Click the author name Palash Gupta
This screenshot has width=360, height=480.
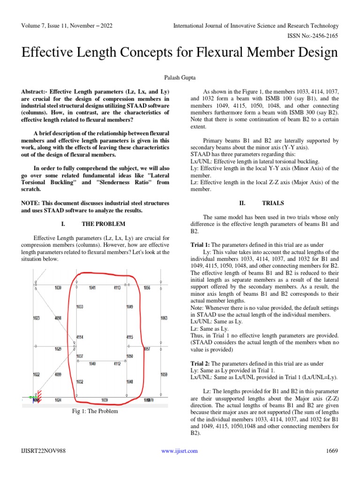pyautogui.click(x=180, y=75)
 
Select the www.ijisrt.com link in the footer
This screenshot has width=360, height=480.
pyautogui.click(x=180, y=451)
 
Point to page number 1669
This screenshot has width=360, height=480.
pyautogui.click(x=332, y=451)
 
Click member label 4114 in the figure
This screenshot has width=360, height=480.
pyautogui.click(x=80, y=337)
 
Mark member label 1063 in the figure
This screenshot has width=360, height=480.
pyautogui.click(x=164, y=318)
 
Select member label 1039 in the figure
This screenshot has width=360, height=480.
pyautogui.click(x=105, y=400)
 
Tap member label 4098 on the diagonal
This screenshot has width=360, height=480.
pyautogui.click(x=58, y=318)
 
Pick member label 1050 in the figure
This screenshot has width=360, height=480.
pyautogui.click(x=130, y=356)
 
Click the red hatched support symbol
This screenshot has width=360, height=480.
pyautogui.click(x=39, y=395)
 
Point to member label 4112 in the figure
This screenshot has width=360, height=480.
pyautogui.click(x=117, y=364)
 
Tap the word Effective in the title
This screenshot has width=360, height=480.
pyautogui.click(x=52, y=52)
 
